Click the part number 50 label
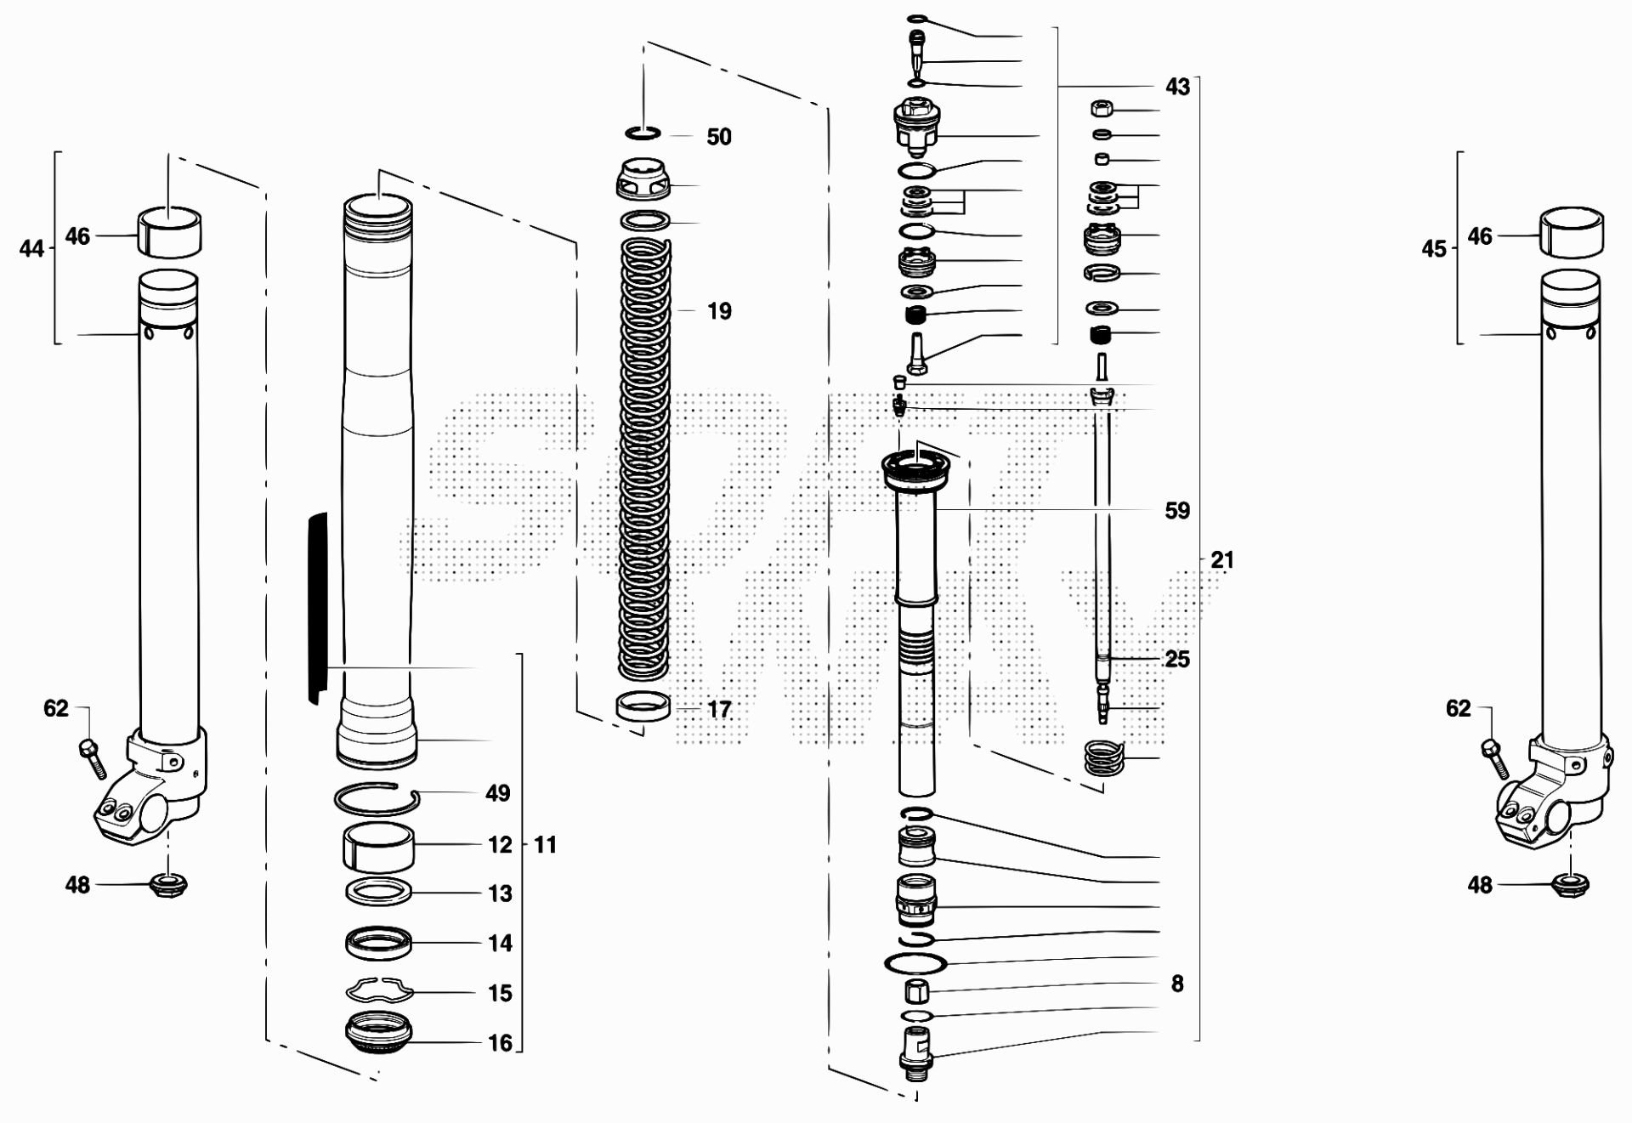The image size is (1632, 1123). (x=719, y=137)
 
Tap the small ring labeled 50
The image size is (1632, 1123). (x=645, y=135)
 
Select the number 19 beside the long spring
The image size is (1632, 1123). (x=719, y=311)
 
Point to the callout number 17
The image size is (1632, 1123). (x=719, y=709)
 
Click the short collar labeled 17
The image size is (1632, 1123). (x=643, y=707)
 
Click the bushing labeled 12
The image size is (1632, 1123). (x=378, y=849)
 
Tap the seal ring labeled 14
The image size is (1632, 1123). (x=378, y=941)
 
